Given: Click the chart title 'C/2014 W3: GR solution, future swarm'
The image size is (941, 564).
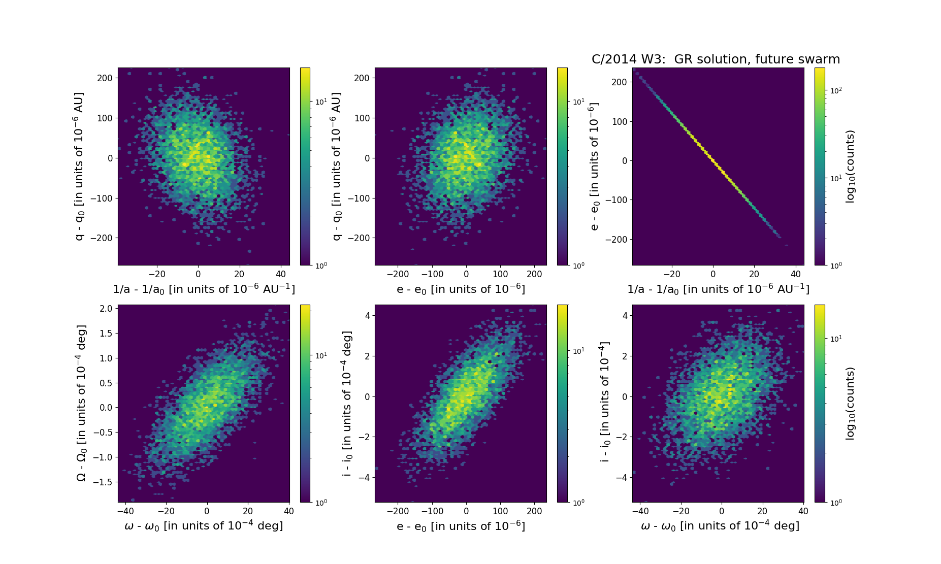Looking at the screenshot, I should coord(716,59).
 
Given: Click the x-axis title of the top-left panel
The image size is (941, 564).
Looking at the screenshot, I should coord(204,289).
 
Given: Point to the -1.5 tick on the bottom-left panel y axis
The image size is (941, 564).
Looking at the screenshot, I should coord(103,482).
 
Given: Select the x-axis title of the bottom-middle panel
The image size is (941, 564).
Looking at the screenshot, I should coord(461,526).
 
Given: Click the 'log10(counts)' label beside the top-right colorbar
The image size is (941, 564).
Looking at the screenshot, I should coord(850,167).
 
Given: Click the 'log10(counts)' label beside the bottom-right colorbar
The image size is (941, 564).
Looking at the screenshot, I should coord(850,404).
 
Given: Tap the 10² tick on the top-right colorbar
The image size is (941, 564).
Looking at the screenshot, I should coord(836,90).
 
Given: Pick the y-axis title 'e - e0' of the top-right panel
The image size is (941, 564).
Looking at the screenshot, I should coord(595,167).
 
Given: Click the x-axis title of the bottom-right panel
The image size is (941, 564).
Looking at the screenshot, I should coord(720,526).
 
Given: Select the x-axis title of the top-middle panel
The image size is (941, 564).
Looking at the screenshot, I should coord(461,289).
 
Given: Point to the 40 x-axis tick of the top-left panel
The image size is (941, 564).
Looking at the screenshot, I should coord(280,274).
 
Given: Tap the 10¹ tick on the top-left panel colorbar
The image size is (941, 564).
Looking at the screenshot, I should coord(321,102).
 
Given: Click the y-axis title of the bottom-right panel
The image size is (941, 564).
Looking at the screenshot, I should coord(604,404).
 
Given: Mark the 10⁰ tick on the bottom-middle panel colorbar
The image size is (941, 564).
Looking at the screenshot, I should coord(578,503).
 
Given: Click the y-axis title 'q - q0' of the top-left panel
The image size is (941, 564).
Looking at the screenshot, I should coord(80,167).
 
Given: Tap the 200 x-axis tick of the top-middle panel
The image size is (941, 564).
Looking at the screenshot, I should coord(534,274).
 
